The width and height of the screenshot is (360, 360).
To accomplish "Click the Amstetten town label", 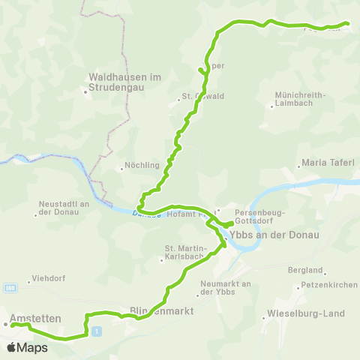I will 35,318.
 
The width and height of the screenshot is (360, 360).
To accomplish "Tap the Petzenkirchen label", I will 328,286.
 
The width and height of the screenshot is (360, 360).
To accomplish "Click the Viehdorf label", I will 49,278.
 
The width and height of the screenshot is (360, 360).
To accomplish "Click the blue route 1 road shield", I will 96,331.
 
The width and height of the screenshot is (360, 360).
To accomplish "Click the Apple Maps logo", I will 27,347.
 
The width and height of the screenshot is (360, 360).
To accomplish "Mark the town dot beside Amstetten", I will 5,324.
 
